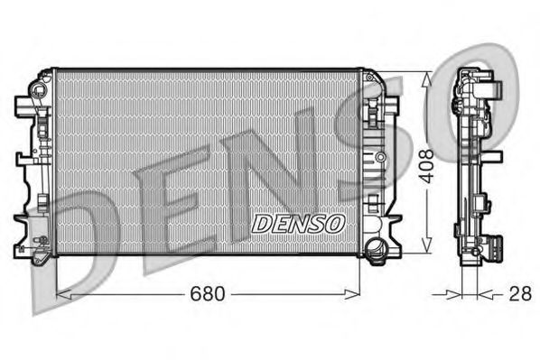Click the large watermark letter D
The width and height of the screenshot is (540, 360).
(x=68, y=244)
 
